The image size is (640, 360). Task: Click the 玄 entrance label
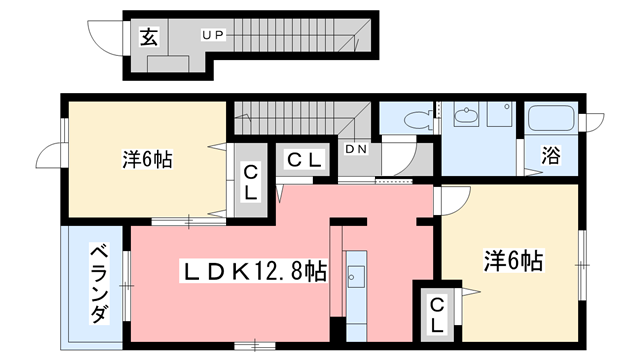tap(148, 38)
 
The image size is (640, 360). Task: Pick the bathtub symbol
tap(550, 122)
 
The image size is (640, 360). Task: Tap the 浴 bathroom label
tap(551, 156)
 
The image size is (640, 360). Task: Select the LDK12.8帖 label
tap(252, 270)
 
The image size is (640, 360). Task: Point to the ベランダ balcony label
tap(98, 283)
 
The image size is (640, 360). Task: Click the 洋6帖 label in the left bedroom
tap(146, 159)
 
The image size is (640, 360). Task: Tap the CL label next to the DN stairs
tap(304, 159)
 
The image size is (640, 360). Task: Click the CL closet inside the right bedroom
tap(436, 315)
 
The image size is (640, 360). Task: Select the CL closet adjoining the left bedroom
tap(252, 181)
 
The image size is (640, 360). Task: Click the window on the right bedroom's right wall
tap(581, 262)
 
